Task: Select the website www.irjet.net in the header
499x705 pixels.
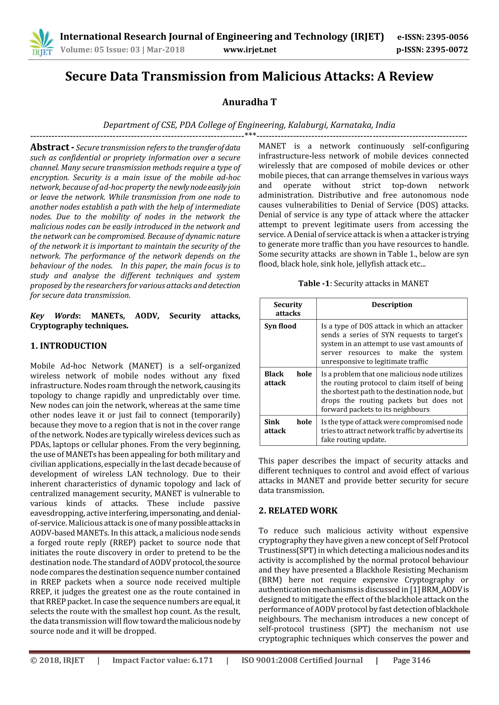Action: point(249,50)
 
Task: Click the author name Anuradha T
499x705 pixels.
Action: point(249,102)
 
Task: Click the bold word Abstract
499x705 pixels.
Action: point(49,147)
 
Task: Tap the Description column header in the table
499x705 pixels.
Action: point(392,305)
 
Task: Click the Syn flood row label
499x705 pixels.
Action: point(280,326)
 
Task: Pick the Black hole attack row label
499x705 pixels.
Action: point(288,378)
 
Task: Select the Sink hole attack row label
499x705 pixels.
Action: point(288,426)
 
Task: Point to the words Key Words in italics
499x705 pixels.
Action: point(55,316)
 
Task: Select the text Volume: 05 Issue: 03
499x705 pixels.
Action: point(100,50)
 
